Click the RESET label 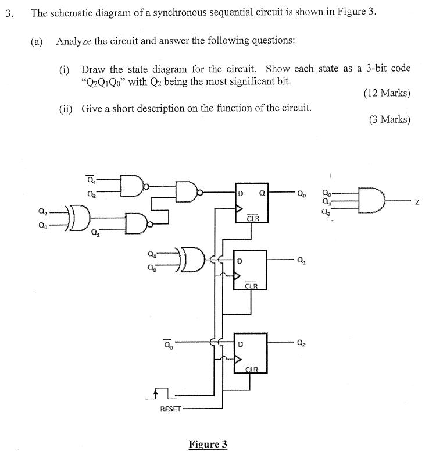tap(170, 409)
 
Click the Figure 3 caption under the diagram tap(208, 444)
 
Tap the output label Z tap(417, 201)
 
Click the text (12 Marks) tap(387, 93)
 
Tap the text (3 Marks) tap(389, 120)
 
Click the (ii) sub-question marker tap(66, 108)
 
